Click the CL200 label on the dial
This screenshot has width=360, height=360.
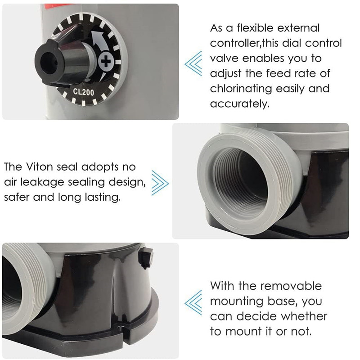pos(83,92)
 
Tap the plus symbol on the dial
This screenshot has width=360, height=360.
pos(106,61)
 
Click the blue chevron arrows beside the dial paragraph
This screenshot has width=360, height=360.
pos(193,63)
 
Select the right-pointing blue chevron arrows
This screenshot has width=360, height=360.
pos(160,183)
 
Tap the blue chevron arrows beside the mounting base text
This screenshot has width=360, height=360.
pos(193,302)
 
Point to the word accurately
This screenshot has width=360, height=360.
pos(240,104)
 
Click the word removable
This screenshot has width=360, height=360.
pos(291,286)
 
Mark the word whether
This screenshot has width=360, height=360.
pos(304,316)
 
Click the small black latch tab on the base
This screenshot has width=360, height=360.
pos(147,257)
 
